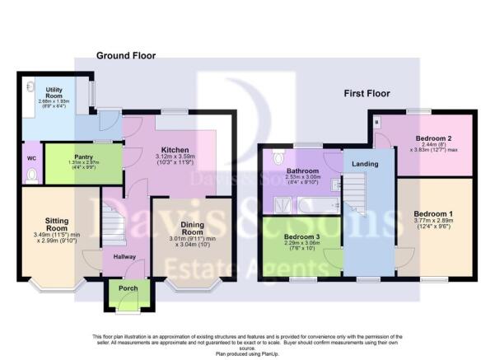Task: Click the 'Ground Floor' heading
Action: pyautogui.click(x=126, y=55)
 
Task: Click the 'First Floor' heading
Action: pyautogui.click(x=367, y=93)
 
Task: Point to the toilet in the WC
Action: pyautogui.click(x=31, y=174)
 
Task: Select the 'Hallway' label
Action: pyautogui.click(x=114, y=256)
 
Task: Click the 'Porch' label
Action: pyautogui.click(x=128, y=288)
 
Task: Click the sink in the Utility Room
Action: pyautogui.click(x=30, y=85)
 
